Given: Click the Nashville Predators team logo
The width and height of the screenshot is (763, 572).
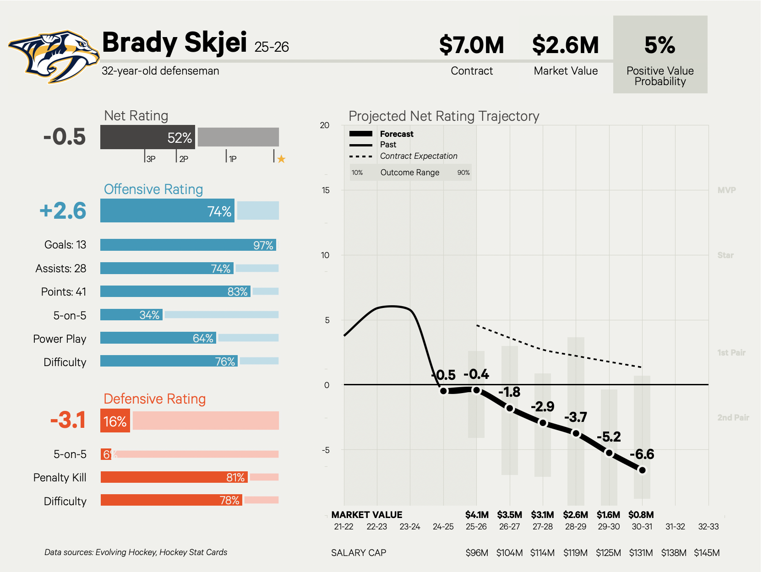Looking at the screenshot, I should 54,57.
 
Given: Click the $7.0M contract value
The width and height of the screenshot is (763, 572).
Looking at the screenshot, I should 471,45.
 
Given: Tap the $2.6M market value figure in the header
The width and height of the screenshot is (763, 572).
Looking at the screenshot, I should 565,45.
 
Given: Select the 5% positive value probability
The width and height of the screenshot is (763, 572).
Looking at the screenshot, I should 659,45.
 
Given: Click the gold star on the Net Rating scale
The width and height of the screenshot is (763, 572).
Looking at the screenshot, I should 281,159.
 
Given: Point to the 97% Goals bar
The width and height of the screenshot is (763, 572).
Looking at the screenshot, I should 188,245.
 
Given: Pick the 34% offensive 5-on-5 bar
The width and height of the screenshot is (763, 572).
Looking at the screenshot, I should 131,315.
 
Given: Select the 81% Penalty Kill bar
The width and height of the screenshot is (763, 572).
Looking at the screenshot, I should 174,477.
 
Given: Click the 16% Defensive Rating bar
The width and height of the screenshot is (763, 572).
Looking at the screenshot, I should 115,421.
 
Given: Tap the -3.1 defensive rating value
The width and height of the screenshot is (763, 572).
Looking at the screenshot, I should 68,420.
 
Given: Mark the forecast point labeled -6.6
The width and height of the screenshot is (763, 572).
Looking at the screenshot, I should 642,470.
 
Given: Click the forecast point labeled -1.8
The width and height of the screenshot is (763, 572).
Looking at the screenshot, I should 510,408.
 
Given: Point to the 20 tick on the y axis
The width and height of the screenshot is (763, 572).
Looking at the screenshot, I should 325,125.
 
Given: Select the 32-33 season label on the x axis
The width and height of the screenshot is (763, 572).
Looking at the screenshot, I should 708,527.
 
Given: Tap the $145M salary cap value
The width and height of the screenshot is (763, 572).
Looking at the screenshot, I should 707,553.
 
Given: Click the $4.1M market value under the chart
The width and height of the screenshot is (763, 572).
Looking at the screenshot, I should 477,515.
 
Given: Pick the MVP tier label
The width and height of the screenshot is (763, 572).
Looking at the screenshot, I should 726,190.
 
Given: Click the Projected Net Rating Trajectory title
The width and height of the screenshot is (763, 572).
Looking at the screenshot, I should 444,116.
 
